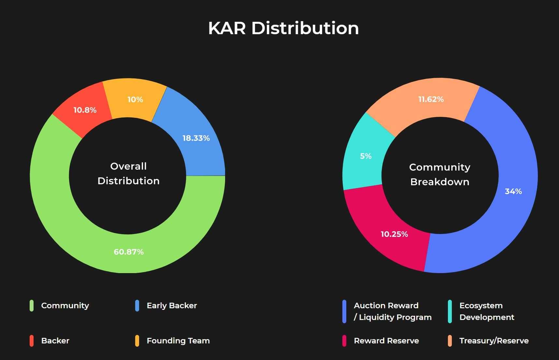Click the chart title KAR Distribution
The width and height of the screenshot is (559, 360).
coord(283,28)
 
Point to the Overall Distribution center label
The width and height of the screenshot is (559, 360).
coord(128,173)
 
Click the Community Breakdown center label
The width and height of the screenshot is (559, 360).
coord(440,174)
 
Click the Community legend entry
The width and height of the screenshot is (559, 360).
coord(65,306)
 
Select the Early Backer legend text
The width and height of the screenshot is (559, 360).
coord(172,306)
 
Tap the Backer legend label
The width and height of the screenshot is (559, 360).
coord(55,341)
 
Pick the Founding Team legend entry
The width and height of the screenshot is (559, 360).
coord(178,341)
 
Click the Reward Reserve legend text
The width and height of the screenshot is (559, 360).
coord(386,341)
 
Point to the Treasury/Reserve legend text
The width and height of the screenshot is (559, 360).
coord(494,341)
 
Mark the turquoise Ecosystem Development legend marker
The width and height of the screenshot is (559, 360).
coord(450,312)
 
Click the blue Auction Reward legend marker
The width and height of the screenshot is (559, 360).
coord(344,312)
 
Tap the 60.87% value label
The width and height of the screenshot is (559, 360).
coord(129,252)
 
